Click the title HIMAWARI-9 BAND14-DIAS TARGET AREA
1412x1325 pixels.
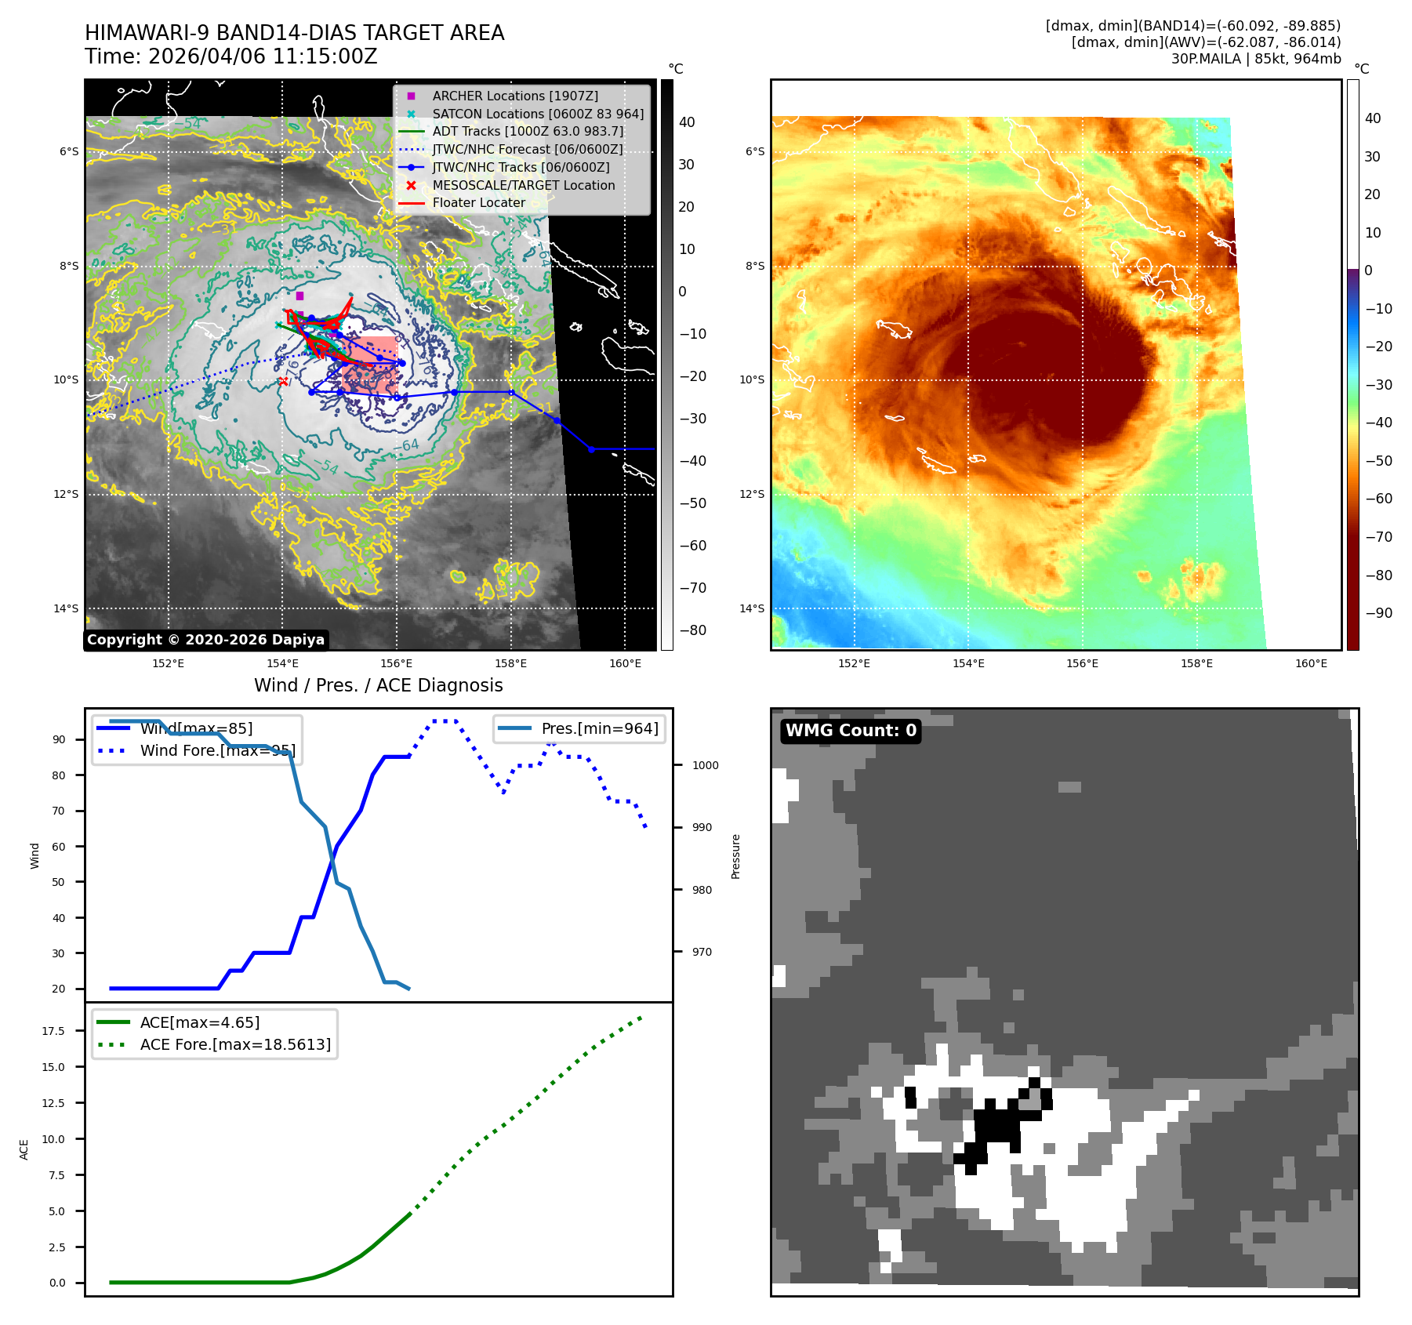[x=294, y=33]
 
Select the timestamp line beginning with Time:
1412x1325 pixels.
[x=230, y=56]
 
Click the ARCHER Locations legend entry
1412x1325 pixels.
[x=514, y=96]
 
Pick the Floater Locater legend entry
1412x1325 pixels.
[x=478, y=202]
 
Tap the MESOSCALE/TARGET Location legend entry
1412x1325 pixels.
[x=523, y=185]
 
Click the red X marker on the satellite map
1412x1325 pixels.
[x=283, y=382]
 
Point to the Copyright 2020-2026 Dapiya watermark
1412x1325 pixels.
[x=205, y=640]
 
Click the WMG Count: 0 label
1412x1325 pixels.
[x=851, y=731]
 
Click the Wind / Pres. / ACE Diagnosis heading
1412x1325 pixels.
[x=378, y=685]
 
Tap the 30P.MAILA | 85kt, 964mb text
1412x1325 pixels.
[x=1256, y=59]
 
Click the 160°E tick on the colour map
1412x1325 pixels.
[x=1311, y=663]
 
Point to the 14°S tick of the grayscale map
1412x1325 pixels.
[x=66, y=608]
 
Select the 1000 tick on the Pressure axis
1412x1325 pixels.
[x=705, y=765]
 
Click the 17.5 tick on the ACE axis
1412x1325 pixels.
[x=53, y=1031]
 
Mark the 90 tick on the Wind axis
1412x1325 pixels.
[x=59, y=739]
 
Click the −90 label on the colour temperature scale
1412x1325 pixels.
[x=1378, y=613]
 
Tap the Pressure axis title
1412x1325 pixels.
[x=735, y=856]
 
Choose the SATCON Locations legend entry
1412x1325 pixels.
[x=538, y=114]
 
